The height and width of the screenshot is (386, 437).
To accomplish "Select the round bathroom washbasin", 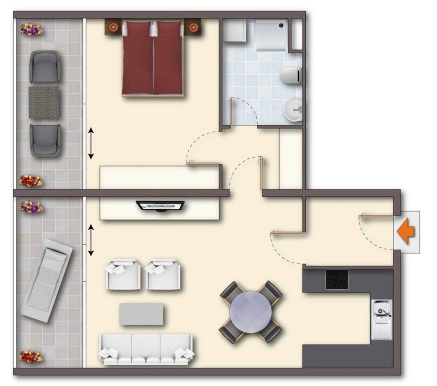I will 294,109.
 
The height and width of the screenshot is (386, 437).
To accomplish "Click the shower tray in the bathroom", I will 271,35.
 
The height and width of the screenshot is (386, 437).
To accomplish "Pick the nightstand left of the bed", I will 113,27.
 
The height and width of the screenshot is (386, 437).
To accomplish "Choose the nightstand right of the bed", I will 193,27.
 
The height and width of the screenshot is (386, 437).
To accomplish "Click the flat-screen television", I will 160,206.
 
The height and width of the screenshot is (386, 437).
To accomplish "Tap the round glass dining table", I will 250,312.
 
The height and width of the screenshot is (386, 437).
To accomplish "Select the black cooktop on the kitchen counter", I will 336,279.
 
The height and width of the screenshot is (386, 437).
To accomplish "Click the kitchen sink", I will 381,319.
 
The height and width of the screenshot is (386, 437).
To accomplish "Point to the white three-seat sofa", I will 146,349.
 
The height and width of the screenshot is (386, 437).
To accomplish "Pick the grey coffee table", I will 141,314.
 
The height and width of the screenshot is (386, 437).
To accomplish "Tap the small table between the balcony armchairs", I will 44,103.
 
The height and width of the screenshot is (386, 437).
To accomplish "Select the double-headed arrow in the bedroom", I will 91,144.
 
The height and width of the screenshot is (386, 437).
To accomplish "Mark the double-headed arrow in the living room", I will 91,240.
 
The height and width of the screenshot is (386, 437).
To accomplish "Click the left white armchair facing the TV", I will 123,275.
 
